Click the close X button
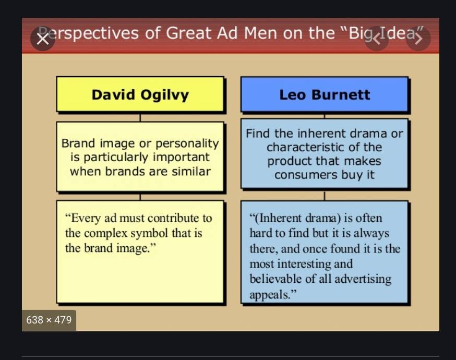pyautogui.click(x=43, y=39)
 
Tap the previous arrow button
pyautogui.click(x=377, y=39)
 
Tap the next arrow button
pyautogui.click(x=418, y=39)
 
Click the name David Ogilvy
pyautogui.click(x=140, y=95)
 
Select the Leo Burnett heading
pyautogui.click(x=325, y=95)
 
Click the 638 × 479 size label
pyautogui.click(x=49, y=320)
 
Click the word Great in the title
pyautogui.click(x=188, y=33)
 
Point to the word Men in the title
pyautogui.click(x=260, y=33)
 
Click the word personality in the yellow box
pyautogui.click(x=187, y=143)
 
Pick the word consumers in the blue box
pyautogui.click(x=306, y=175)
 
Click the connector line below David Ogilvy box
pyautogui.click(x=140, y=117)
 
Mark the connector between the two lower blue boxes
pyautogui.click(x=324, y=196)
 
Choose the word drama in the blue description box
pyautogui.click(x=369, y=134)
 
